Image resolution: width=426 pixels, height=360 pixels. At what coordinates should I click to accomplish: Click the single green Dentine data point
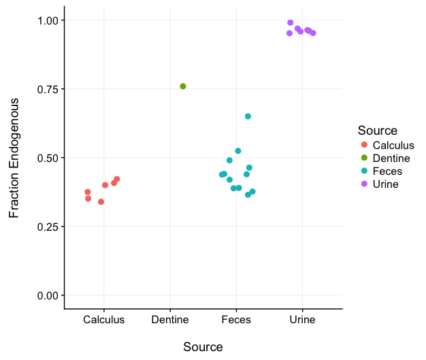[x=182, y=86]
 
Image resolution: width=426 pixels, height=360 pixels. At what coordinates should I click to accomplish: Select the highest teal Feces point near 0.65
[x=248, y=116]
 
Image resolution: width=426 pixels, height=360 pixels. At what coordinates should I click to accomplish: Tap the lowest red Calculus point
[x=101, y=202]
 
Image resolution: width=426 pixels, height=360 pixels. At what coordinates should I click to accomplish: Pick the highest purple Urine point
[x=291, y=23]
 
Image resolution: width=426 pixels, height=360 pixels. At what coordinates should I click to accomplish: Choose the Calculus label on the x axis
[x=104, y=320]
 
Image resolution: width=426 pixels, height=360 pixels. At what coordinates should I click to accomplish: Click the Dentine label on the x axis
[x=170, y=320]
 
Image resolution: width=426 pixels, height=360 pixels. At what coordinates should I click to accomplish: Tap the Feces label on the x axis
[x=236, y=320]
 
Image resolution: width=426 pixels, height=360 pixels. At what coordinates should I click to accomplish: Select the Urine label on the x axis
[x=302, y=320]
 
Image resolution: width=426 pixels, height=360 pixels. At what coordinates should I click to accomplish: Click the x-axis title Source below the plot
[x=203, y=347]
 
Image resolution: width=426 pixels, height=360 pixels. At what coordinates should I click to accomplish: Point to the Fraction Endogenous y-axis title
[x=14, y=158]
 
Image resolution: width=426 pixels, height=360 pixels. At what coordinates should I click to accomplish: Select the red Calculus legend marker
[x=364, y=145]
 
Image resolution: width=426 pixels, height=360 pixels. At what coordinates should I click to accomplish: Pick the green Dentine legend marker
[x=364, y=158]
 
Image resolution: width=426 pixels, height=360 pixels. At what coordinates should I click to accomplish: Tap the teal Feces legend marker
[x=364, y=171]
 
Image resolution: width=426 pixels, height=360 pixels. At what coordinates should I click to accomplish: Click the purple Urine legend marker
[x=364, y=184]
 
